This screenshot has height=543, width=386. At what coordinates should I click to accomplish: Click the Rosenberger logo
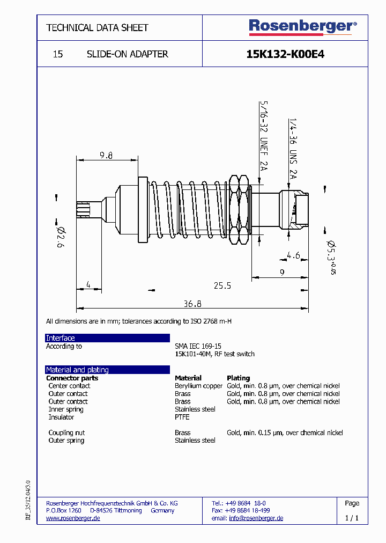point(302,27)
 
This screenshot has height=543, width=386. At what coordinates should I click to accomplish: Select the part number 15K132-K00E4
point(285,54)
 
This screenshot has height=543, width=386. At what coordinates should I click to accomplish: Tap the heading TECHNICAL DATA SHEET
point(97,27)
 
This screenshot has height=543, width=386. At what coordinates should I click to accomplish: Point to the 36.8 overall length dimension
point(192,304)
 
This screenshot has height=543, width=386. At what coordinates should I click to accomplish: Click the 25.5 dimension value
point(222,285)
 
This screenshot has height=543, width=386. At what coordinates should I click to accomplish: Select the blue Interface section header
point(107,338)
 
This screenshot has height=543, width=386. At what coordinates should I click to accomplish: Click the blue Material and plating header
point(107,370)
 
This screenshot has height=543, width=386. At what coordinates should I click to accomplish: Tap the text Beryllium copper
point(198,386)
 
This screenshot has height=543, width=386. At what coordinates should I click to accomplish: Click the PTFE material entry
point(182,417)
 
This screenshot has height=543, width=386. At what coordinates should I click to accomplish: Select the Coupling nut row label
point(66,432)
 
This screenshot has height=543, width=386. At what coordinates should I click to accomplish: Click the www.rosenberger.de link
point(73,518)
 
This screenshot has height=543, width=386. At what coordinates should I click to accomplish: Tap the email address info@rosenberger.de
point(256,518)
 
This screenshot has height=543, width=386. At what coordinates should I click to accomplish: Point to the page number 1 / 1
point(352,518)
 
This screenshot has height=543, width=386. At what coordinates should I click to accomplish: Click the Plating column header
point(238,378)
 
